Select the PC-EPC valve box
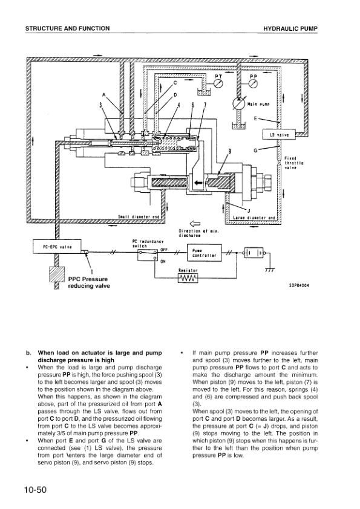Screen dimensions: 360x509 [x=57, y=247]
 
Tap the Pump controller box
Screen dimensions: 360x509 [x=205, y=253]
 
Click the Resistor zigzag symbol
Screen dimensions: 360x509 [x=188, y=279]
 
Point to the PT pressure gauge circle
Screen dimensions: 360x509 [x=219, y=83]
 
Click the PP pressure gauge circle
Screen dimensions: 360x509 [x=254, y=83]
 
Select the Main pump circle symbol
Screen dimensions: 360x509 [x=238, y=104]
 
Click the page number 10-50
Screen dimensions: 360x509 [x=35, y=489]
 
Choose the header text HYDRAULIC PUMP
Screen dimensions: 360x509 [x=290, y=28]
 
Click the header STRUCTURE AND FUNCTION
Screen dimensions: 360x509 [x=68, y=28]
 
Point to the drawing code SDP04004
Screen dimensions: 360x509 [x=299, y=286]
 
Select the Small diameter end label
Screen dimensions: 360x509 [x=139, y=217]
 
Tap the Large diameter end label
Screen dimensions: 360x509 [x=254, y=218]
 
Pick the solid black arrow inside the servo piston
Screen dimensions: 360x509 [x=198, y=183]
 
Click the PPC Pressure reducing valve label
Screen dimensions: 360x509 [x=89, y=282]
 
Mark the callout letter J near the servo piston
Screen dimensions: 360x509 [x=249, y=212]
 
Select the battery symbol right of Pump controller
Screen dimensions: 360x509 [x=254, y=253]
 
